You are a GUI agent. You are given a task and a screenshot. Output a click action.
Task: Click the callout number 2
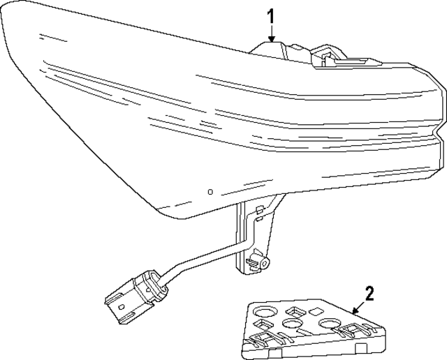tap(370, 293)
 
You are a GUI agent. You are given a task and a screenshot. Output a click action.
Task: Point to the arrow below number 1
tap(272, 33)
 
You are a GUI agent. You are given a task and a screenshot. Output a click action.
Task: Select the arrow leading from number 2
tap(356, 307)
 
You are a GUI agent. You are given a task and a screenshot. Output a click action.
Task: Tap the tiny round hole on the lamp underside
tap(210, 190)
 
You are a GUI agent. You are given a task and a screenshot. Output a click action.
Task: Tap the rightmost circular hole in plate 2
tap(328, 324)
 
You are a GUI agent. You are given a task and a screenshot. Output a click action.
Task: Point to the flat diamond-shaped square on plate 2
tap(316, 311)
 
